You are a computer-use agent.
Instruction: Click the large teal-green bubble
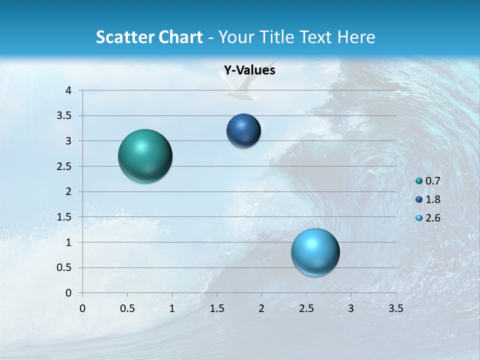coord(145,156)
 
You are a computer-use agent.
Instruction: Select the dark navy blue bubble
coord(243,131)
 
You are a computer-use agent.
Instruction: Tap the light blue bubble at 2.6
coord(315,252)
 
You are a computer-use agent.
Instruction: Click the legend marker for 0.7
coord(419,181)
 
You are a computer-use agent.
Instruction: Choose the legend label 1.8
coord(432,199)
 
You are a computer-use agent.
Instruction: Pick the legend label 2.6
coord(432,218)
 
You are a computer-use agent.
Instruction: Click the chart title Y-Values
coord(249,70)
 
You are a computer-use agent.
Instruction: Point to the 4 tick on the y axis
coord(68,90)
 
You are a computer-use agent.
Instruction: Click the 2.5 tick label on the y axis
coord(65,166)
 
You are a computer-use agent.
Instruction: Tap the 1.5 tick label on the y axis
coord(65,217)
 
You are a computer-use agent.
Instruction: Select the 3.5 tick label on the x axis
coord(395,308)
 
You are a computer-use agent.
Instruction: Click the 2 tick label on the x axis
coord(261,308)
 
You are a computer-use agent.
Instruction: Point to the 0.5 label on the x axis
coord(127,308)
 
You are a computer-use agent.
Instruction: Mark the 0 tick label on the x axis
coord(82,308)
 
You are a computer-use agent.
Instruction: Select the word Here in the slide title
coord(356,37)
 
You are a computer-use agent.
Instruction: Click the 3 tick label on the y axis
coord(68,141)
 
